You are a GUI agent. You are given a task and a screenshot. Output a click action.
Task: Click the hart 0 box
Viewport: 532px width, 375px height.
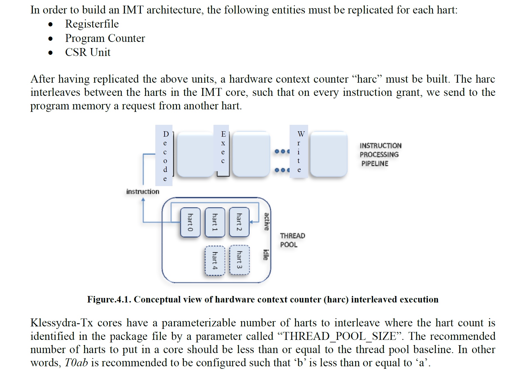coord(190,222)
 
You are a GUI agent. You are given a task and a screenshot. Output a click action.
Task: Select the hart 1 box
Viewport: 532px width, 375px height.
coord(215,222)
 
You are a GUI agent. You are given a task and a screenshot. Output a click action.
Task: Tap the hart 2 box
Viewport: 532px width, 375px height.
coord(239,222)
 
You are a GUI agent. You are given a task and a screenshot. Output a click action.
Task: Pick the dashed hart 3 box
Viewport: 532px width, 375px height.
coord(239,260)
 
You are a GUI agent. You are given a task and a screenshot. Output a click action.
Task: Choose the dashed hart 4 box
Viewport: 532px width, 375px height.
coord(215,261)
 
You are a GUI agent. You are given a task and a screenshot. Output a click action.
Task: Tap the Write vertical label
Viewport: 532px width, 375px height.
coord(299,152)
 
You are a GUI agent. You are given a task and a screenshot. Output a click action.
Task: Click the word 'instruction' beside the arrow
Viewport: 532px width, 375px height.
coord(143,192)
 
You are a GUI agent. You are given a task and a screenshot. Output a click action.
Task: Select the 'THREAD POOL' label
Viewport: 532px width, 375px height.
coord(292,240)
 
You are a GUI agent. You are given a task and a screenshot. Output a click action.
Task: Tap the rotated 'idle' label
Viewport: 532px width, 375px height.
coord(265,255)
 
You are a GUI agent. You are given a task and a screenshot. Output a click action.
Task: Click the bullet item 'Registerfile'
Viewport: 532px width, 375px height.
coord(92,24)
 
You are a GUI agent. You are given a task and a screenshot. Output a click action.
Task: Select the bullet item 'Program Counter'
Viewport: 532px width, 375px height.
coord(105,38)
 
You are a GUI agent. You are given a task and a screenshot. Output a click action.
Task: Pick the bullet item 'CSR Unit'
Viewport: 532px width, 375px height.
coord(88,52)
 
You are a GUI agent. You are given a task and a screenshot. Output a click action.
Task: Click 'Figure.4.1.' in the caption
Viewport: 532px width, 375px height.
coord(109,299)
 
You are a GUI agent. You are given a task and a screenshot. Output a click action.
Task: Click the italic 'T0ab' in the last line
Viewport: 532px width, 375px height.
coord(76,363)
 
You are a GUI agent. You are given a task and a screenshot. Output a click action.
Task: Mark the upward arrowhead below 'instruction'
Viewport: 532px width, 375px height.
coord(143,200)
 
